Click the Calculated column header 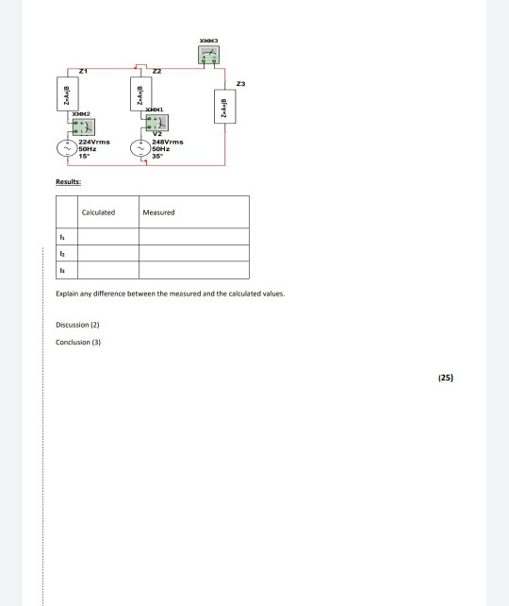tap(99, 212)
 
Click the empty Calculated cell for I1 tap(107, 237)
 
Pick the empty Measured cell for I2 tap(194, 254)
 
